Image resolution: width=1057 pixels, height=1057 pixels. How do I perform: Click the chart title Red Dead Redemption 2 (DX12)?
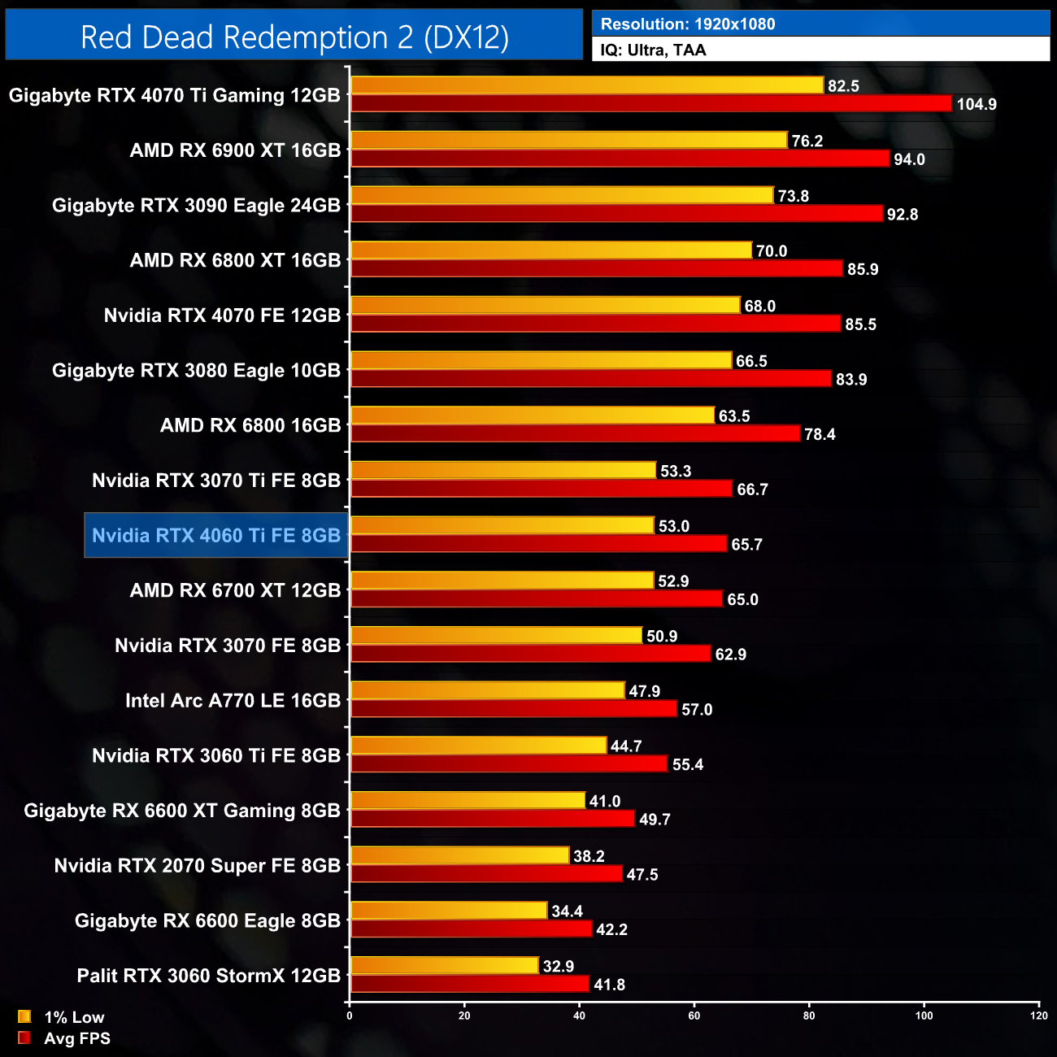(294, 37)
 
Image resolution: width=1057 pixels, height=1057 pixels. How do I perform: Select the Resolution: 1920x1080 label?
(688, 24)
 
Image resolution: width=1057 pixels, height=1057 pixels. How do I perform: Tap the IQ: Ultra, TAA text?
(653, 50)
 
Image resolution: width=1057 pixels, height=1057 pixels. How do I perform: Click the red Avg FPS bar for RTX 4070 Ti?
(650, 104)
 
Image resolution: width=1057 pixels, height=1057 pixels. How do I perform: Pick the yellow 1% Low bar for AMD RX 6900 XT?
(569, 141)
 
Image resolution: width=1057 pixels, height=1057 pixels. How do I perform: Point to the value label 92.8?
(903, 215)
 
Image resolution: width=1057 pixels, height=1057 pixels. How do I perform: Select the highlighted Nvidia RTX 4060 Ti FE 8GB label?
(216, 536)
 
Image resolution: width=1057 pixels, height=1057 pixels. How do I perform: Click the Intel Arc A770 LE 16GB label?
(233, 701)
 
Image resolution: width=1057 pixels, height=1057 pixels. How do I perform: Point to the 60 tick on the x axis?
(694, 1016)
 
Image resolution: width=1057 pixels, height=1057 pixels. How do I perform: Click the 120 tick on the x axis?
(1039, 1016)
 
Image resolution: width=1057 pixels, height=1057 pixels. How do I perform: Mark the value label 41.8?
(610, 985)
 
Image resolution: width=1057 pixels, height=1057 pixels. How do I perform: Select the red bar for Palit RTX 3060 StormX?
(470, 985)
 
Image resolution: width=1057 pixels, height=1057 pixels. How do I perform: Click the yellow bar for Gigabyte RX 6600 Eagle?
(449, 911)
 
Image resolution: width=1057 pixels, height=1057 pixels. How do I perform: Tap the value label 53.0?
(674, 526)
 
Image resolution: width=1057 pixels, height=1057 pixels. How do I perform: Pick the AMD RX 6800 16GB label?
(250, 425)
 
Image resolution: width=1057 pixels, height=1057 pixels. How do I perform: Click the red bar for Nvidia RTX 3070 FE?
(530, 654)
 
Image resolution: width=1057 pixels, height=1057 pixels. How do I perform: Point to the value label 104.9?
(977, 105)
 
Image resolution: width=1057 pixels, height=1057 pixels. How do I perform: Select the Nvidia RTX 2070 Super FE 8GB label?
(198, 866)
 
